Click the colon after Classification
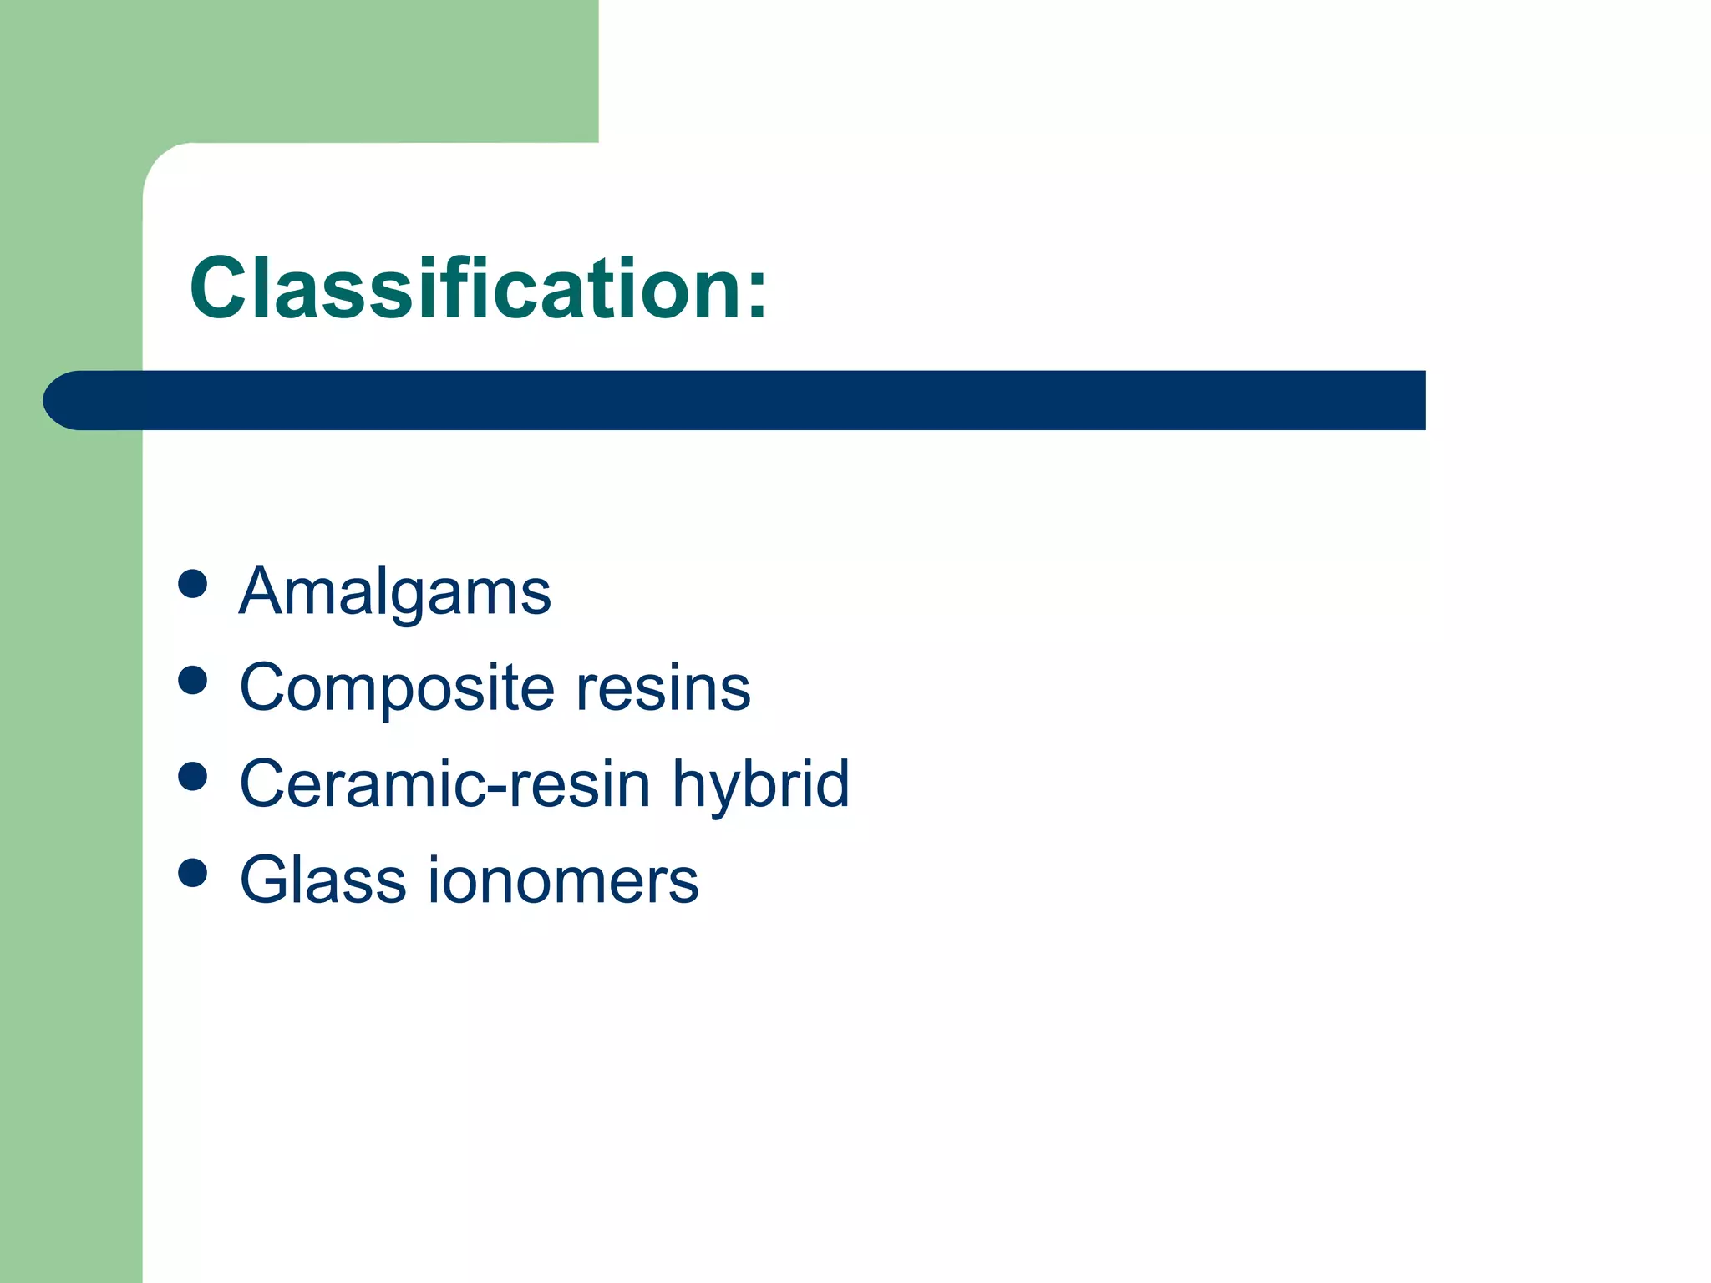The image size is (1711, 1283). point(757,297)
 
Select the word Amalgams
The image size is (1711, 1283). point(394,592)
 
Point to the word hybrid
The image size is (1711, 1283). point(761,785)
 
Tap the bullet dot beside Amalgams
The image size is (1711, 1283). point(193,584)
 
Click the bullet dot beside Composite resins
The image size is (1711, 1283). point(193,680)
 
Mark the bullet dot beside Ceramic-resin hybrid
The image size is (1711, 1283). point(193,777)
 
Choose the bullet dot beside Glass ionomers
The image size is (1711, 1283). point(193,873)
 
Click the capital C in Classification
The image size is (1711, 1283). point(219,288)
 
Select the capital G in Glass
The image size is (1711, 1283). point(267,880)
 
